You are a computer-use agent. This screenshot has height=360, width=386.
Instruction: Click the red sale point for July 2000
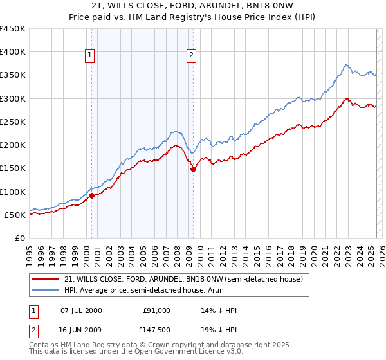[91, 195]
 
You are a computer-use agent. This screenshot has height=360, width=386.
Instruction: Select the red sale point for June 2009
[193, 170]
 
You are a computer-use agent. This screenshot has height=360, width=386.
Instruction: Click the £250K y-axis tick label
[13, 122]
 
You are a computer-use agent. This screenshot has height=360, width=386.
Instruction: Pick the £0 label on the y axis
[20, 238]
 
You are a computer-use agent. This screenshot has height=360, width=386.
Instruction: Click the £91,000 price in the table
[156, 310]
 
